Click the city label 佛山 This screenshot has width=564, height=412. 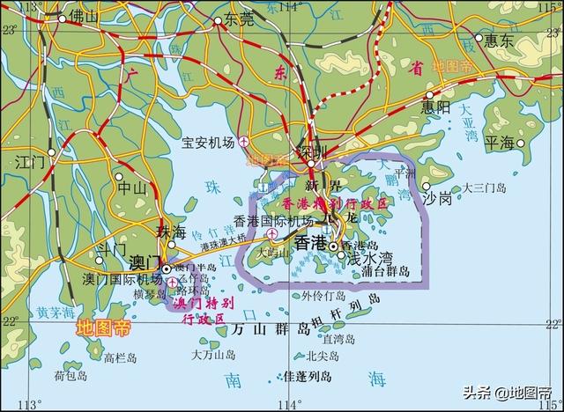(84, 17)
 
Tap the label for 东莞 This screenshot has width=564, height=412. (238, 17)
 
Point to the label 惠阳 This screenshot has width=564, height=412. (434, 107)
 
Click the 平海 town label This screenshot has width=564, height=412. (501, 142)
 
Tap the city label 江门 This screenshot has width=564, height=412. (29, 161)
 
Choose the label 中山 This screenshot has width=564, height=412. (132, 187)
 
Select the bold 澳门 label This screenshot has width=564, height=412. (143, 261)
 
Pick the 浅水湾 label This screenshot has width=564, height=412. (368, 259)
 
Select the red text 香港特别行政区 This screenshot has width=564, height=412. (336, 202)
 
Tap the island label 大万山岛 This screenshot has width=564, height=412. (213, 354)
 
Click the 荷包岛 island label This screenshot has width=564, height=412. (70, 375)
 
